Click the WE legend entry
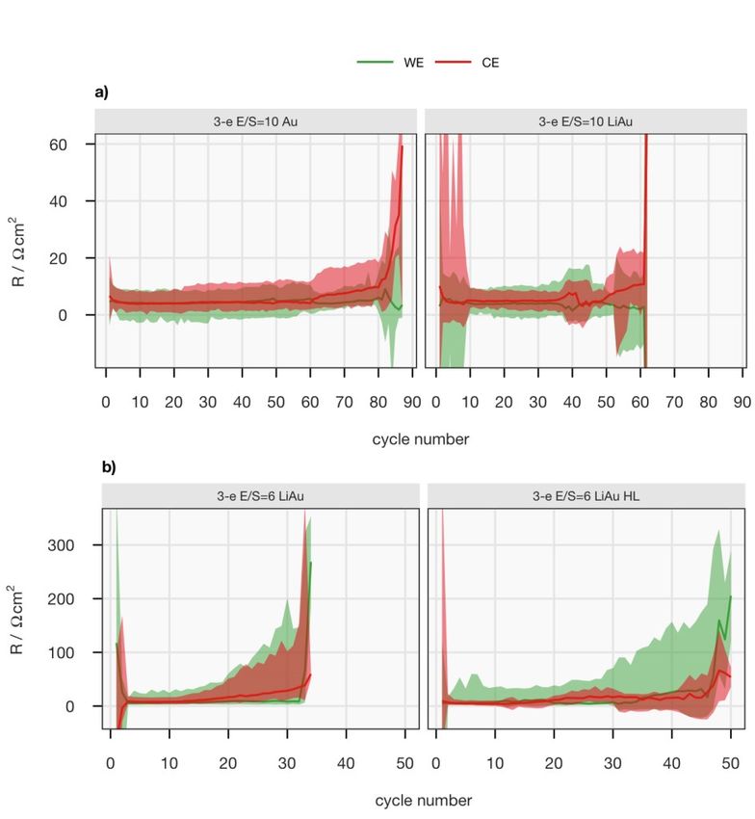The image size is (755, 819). [x=389, y=63]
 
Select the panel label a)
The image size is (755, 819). [x=101, y=92]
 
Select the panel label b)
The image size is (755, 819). [x=109, y=467]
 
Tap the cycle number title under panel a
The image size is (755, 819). [x=421, y=439]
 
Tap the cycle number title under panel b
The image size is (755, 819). [x=424, y=801]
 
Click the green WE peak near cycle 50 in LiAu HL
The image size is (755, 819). [x=730, y=596]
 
